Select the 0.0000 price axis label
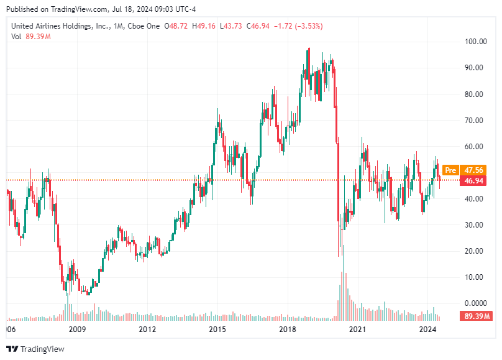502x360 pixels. point(475,303)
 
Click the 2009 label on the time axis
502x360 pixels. point(76,329)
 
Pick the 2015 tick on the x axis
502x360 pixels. point(217,329)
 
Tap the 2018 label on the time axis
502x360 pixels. point(286,329)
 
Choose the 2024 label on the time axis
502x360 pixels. point(427,329)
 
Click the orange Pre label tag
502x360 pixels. point(451,170)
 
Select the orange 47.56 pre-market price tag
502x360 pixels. point(474,170)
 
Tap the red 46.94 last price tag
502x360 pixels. point(474,181)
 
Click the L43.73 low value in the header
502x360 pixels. point(232,26)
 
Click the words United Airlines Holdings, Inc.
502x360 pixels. point(59,26)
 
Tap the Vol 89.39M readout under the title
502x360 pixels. point(31,37)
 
